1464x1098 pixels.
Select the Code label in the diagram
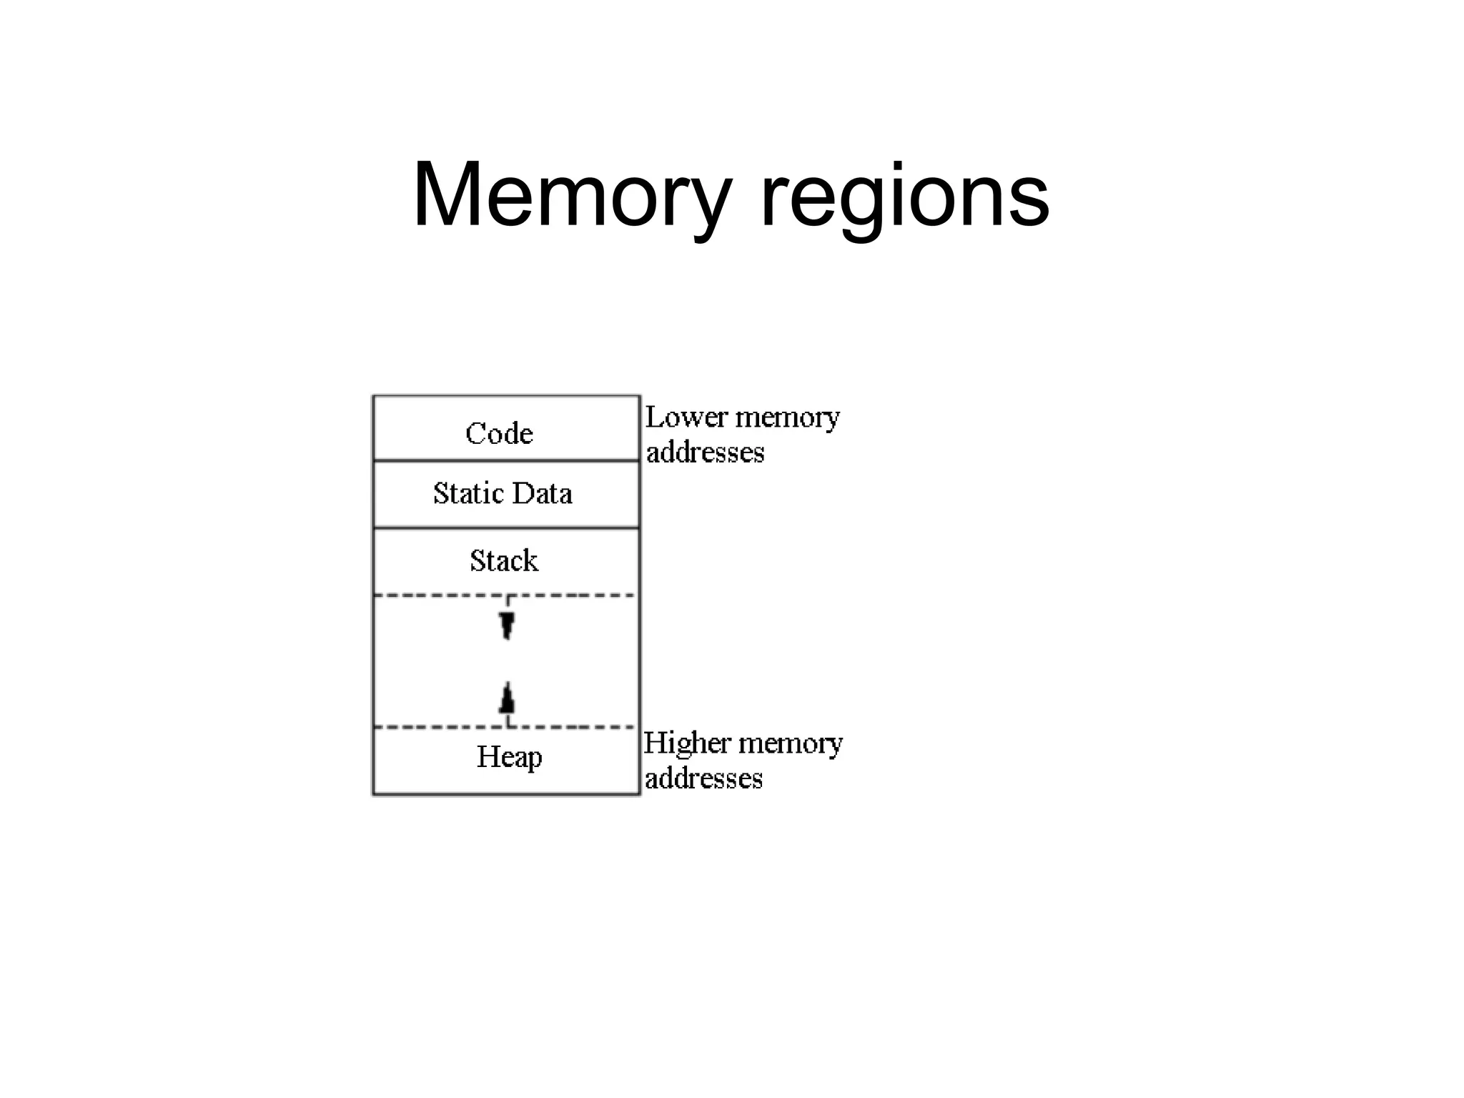499,433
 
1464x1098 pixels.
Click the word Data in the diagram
542,493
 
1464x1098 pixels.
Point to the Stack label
504,560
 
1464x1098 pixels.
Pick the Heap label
509,757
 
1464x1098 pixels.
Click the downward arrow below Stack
507,624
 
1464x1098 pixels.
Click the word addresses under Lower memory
705,452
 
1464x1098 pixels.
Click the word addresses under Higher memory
703,778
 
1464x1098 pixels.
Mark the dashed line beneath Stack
429,595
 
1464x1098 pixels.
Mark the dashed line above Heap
429,727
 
